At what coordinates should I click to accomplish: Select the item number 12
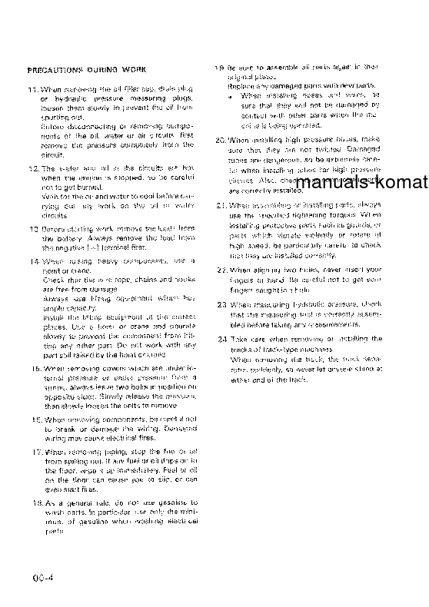click(32, 167)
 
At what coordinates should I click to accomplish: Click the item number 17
click(32, 453)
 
